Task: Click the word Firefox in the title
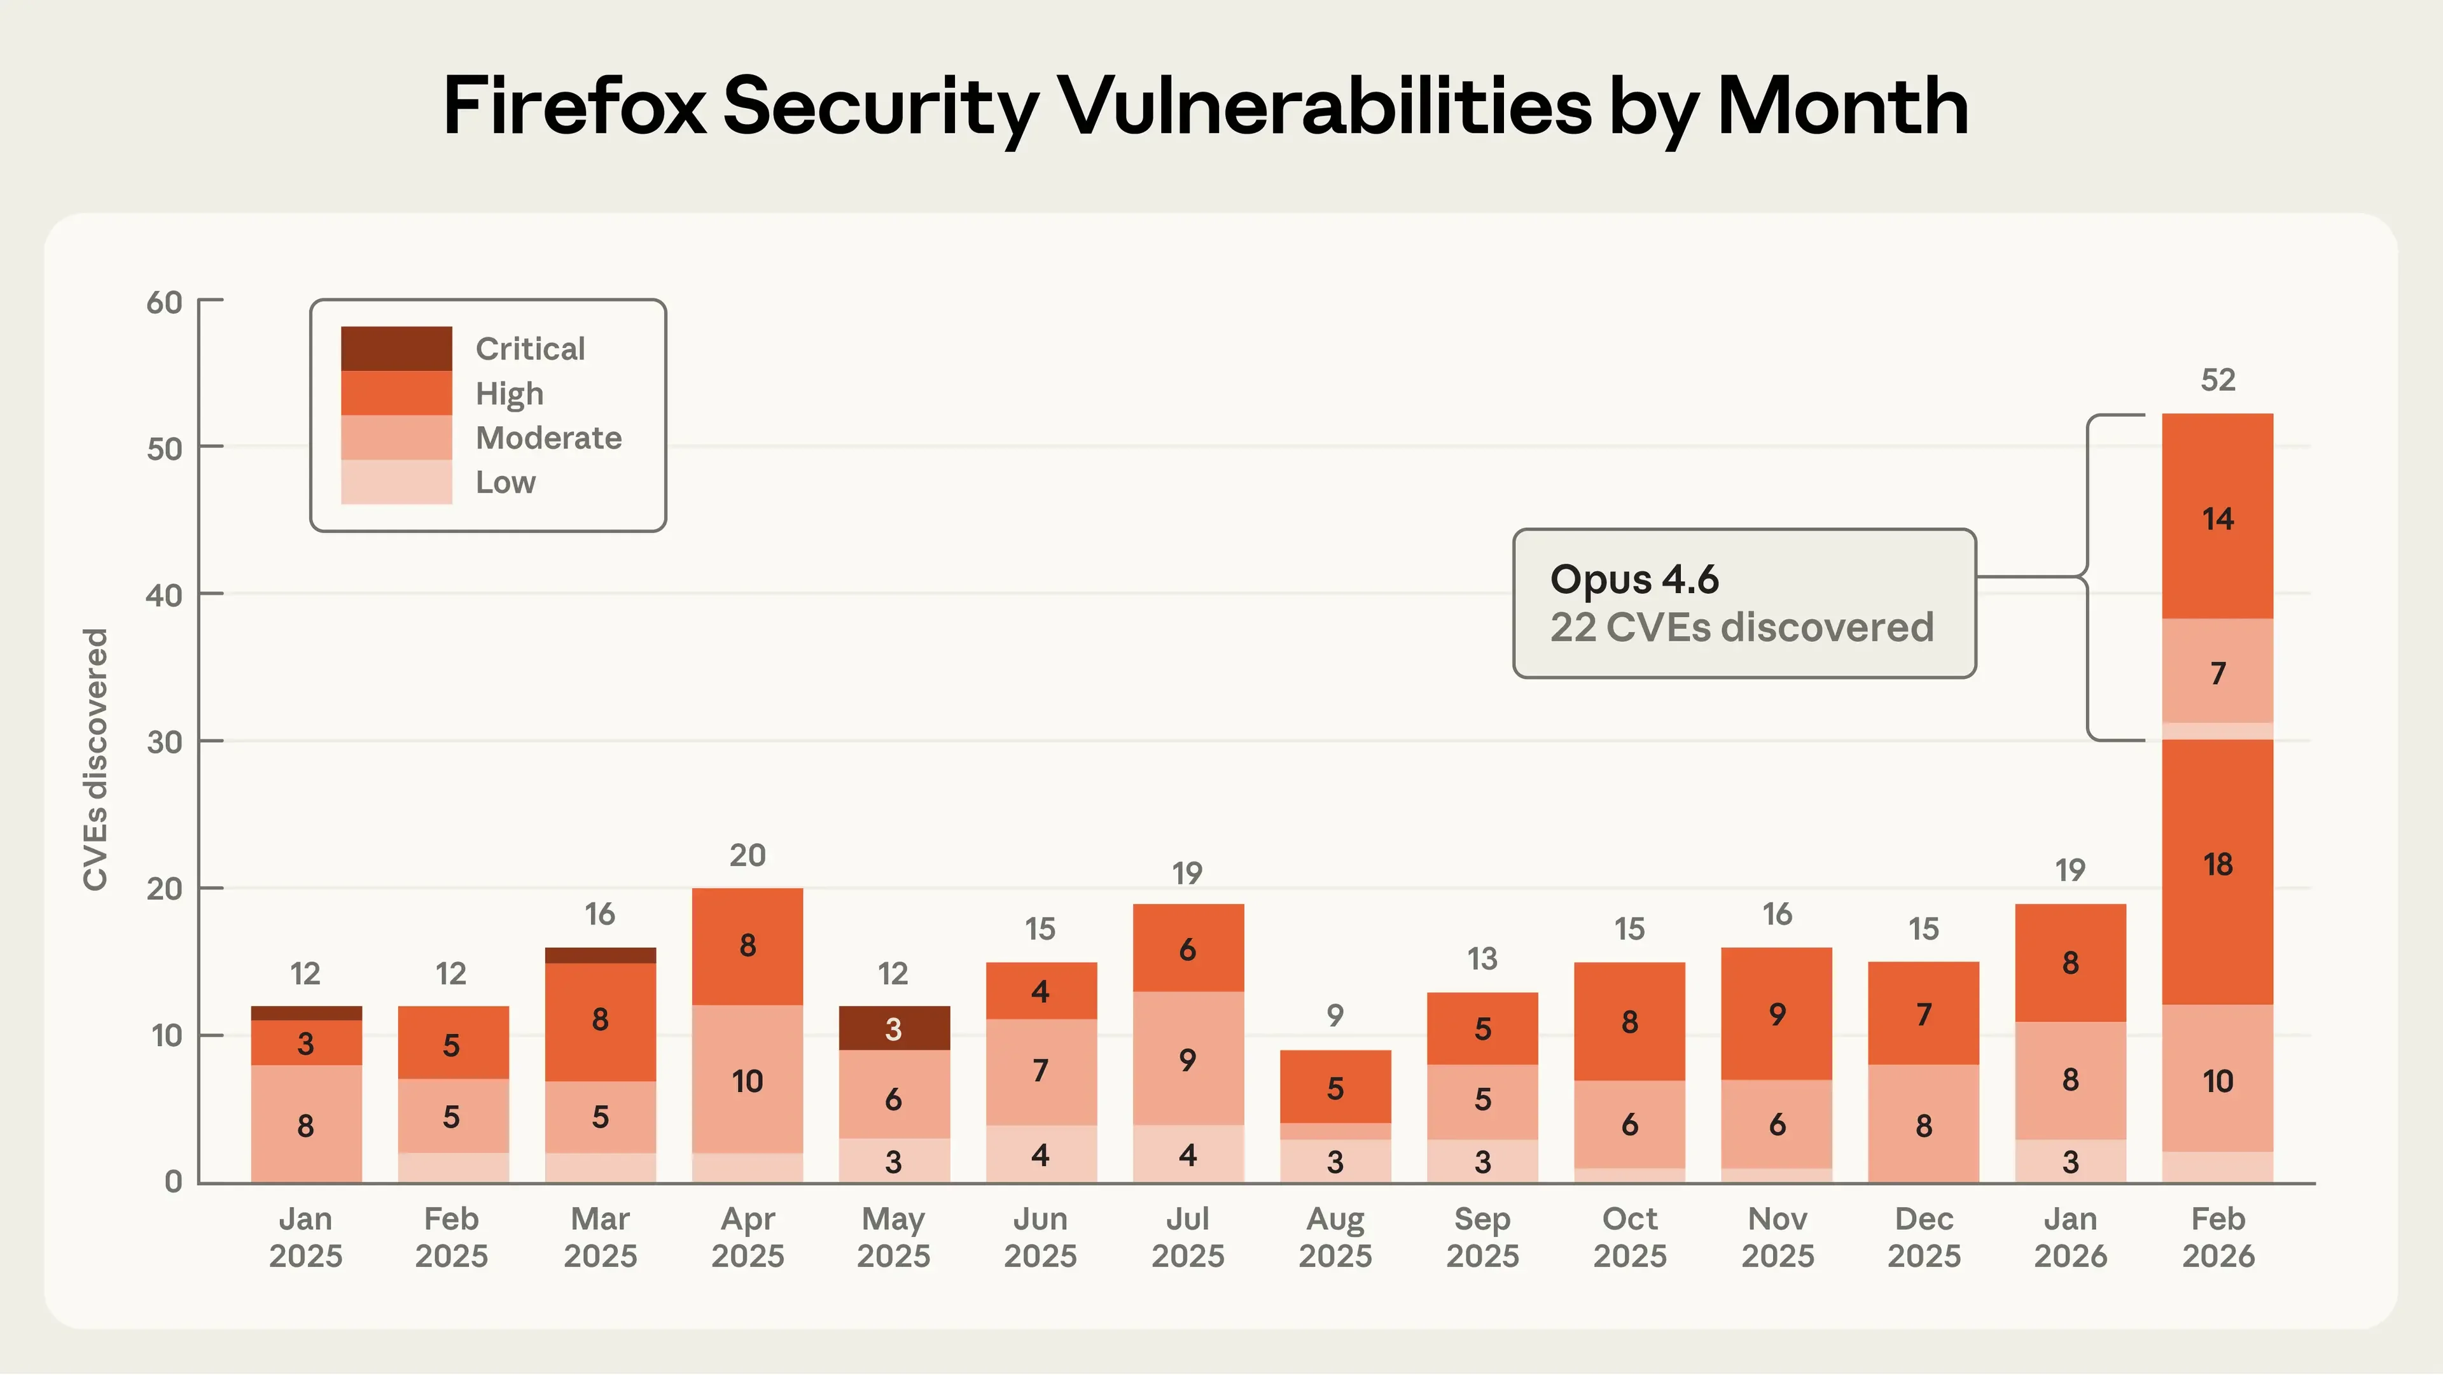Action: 574,106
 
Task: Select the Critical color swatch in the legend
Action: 396,348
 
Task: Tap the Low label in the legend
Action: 506,483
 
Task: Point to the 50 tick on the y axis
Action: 164,449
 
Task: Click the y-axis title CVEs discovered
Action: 96,758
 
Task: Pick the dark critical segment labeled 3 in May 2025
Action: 893,1029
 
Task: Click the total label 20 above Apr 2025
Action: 748,855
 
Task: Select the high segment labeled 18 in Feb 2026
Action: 2217,865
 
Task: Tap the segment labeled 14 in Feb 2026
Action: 2217,519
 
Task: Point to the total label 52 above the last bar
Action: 2217,380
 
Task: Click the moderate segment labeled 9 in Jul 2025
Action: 1187,1059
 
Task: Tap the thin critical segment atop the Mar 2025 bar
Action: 601,955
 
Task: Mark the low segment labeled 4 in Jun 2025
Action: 1040,1155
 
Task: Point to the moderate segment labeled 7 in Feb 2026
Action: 2217,673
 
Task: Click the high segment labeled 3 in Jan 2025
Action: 305,1043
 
